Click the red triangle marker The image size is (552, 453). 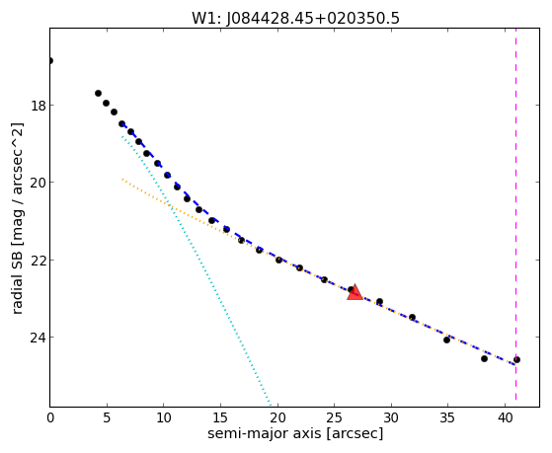[355, 292]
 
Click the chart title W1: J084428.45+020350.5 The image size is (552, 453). [295, 19]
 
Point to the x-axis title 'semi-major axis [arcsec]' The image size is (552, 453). [295, 433]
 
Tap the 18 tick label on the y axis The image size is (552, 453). [38, 106]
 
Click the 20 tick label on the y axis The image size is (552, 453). [38, 183]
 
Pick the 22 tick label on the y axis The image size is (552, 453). [38, 261]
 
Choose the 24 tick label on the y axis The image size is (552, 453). [38, 338]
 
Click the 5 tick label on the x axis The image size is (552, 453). [107, 418]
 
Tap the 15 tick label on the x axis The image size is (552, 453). [220, 418]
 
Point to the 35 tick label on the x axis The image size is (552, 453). [447, 418]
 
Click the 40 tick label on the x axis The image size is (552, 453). [505, 418]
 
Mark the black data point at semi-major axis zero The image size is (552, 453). [50, 60]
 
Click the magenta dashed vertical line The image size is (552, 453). [515, 214]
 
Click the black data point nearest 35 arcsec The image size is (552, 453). [446, 340]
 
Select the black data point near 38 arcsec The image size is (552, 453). [484, 358]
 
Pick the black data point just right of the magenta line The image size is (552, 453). [516, 359]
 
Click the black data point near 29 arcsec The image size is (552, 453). [379, 301]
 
